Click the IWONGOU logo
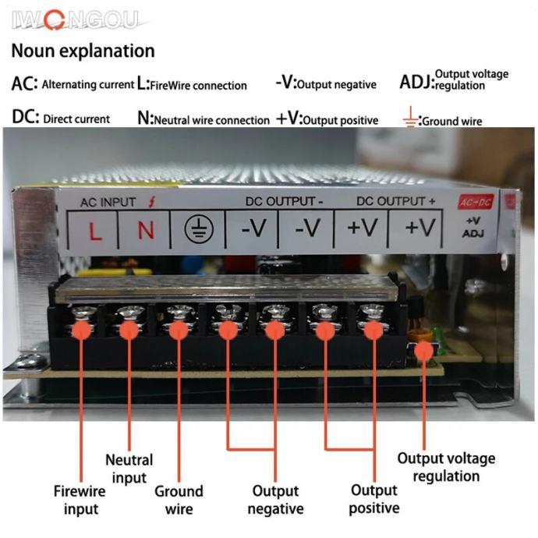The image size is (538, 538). pos(76,19)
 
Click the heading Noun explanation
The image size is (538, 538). pos(83,51)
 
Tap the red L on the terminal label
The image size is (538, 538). pos(95,231)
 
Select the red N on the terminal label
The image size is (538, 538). pos(146,230)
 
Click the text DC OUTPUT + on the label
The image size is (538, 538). pos(396,201)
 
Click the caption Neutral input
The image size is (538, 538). pos(129,468)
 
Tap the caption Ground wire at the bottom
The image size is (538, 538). pos(179,500)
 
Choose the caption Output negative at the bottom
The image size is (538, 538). pos(275,500)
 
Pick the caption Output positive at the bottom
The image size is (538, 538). pos(374,499)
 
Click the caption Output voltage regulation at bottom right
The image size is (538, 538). pos(446,467)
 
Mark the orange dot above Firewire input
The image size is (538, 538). pos(80,330)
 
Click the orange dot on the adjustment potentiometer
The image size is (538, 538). pos(424,350)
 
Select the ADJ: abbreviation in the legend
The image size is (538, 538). pos(416,82)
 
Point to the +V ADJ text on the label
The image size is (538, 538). pos(475,226)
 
